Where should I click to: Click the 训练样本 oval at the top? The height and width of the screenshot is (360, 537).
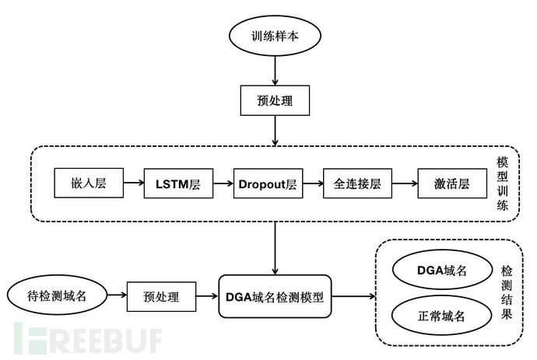275,37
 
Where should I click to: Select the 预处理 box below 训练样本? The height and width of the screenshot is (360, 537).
275,101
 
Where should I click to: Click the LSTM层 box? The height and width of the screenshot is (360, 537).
178,184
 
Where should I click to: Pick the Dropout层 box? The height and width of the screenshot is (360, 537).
268,184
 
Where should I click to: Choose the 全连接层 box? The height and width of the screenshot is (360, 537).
357,184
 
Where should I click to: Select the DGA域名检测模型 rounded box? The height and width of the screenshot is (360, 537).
275,296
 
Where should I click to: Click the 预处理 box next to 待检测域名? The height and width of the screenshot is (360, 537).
161,296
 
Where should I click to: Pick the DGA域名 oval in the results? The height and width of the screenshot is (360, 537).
440,271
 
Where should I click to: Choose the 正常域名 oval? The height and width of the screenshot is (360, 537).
440,316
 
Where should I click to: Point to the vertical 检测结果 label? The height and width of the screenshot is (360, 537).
507,293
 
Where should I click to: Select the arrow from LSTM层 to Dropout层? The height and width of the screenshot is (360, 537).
223,184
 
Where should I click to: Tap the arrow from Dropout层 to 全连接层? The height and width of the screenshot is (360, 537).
313,184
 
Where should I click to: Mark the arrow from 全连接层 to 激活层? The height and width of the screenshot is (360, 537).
404,184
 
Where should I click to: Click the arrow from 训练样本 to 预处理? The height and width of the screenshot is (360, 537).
275,71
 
